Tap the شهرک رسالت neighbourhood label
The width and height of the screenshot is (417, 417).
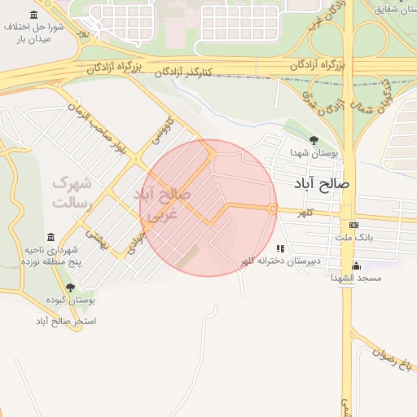pos(73,192)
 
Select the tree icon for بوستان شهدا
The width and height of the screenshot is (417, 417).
pos(313,139)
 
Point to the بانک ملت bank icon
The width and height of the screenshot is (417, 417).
pos(353,225)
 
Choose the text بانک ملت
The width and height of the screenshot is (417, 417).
pos(353,238)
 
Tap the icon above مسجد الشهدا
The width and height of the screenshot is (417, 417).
pos(356,266)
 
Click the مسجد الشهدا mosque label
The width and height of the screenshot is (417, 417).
pos(356,278)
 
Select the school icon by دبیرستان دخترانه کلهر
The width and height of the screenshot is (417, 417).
pos(280,248)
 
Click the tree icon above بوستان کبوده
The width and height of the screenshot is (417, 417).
pos(70,288)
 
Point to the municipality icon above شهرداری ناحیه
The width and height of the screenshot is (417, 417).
pos(51,237)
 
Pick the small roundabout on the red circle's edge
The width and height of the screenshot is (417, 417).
pos(273,208)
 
